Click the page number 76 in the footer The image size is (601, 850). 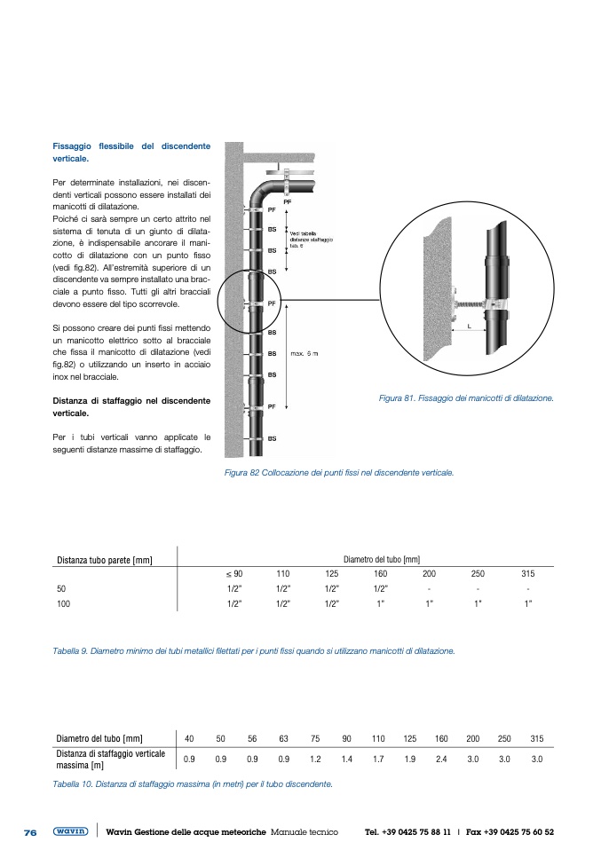(x=29, y=832)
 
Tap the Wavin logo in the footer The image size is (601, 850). (x=70, y=832)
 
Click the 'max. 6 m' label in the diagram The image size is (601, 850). (x=304, y=353)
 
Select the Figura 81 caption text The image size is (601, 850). (x=465, y=398)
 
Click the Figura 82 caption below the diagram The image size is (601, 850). (x=339, y=472)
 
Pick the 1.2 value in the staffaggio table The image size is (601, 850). (x=315, y=759)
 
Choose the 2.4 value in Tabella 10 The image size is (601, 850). (x=441, y=759)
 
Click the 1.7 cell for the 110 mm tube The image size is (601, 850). (x=378, y=759)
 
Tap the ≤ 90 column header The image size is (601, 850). (x=234, y=573)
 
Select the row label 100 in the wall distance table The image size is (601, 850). (x=63, y=603)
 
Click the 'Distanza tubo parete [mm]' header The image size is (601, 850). (x=105, y=560)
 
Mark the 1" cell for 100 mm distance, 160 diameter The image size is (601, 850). (x=380, y=603)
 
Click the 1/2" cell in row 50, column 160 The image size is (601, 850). (x=380, y=588)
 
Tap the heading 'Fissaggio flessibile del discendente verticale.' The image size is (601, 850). (x=131, y=151)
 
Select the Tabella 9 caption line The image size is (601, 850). (x=254, y=650)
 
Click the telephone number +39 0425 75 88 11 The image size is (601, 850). (x=407, y=832)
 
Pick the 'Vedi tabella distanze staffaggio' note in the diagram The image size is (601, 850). (x=311, y=239)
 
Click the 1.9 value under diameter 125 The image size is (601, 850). (x=409, y=759)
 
